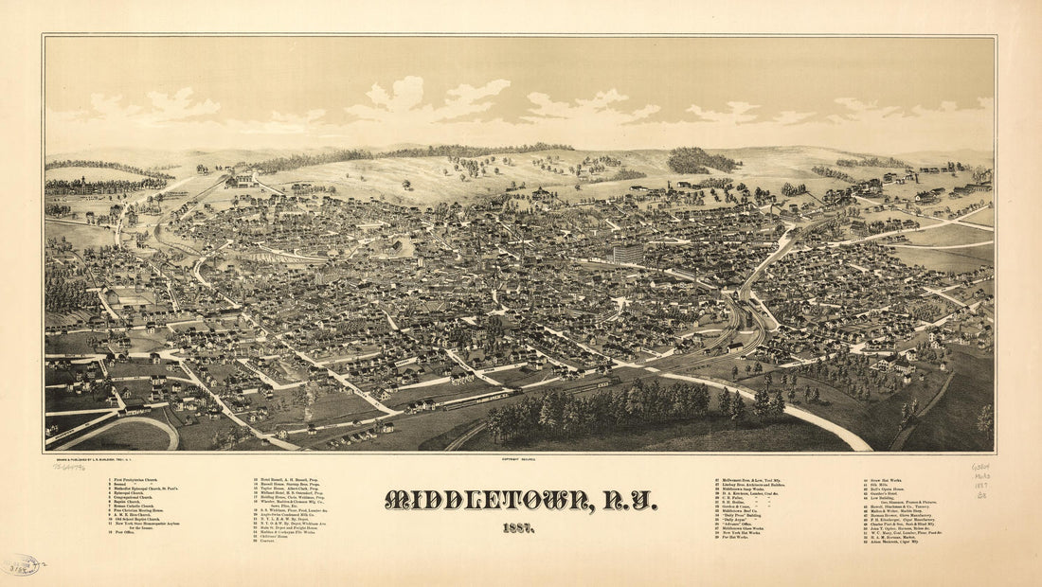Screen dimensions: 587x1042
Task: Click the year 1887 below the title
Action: (x=518, y=527)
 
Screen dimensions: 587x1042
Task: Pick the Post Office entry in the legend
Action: (x=124, y=532)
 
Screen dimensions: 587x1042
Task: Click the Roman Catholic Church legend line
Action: (x=134, y=506)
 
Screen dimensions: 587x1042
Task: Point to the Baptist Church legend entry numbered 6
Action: (x=127, y=502)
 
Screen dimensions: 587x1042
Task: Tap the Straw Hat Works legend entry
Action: (x=886, y=480)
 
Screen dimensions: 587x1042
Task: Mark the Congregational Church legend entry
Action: (x=133, y=497)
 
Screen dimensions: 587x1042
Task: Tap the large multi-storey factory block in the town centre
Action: (x=627, y=253)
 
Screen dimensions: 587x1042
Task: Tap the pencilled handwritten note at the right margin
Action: (x=981, y=480)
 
